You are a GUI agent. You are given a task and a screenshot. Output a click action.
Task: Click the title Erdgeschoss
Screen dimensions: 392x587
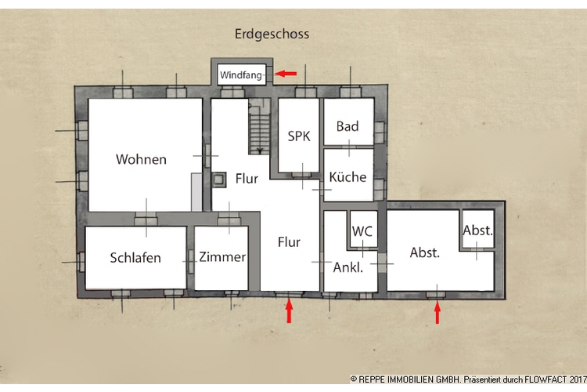[272, 34]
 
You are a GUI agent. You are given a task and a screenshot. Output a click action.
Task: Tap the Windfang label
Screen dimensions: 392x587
[241, 74]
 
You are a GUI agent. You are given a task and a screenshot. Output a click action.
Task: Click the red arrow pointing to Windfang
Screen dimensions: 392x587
[286, 74]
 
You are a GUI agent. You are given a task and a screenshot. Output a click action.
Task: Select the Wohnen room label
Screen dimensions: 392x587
[141, 159]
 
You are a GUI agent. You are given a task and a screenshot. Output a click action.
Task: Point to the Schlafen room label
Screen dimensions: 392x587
[135, 257]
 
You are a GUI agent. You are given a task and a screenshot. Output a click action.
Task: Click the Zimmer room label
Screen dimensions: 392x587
[222, 257]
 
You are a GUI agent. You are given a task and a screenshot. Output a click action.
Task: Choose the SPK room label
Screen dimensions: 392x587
[299, 136]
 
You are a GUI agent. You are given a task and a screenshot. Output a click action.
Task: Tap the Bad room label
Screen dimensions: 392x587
[348, 126]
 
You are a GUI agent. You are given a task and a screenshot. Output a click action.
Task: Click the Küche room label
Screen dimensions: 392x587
[348, 176]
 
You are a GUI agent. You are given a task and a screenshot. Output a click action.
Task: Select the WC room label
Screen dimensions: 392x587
[362, 231]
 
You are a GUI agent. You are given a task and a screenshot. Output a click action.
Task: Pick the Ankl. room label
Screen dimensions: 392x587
[348, 267]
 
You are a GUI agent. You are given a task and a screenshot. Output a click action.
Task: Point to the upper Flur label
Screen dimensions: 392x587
[247, 179]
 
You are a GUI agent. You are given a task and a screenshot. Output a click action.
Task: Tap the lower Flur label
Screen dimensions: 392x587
[289, 241]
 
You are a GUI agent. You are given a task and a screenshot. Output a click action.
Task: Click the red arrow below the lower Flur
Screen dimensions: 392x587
[289, 312]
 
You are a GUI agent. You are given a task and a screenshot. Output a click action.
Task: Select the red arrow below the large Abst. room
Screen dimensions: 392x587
[437, 313]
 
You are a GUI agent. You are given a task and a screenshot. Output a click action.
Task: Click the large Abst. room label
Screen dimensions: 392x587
[425, 252]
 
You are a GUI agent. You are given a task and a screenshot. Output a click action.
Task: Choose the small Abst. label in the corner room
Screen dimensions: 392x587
[477, 230]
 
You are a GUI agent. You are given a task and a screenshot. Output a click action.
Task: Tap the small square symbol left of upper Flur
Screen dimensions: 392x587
[220, 178]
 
